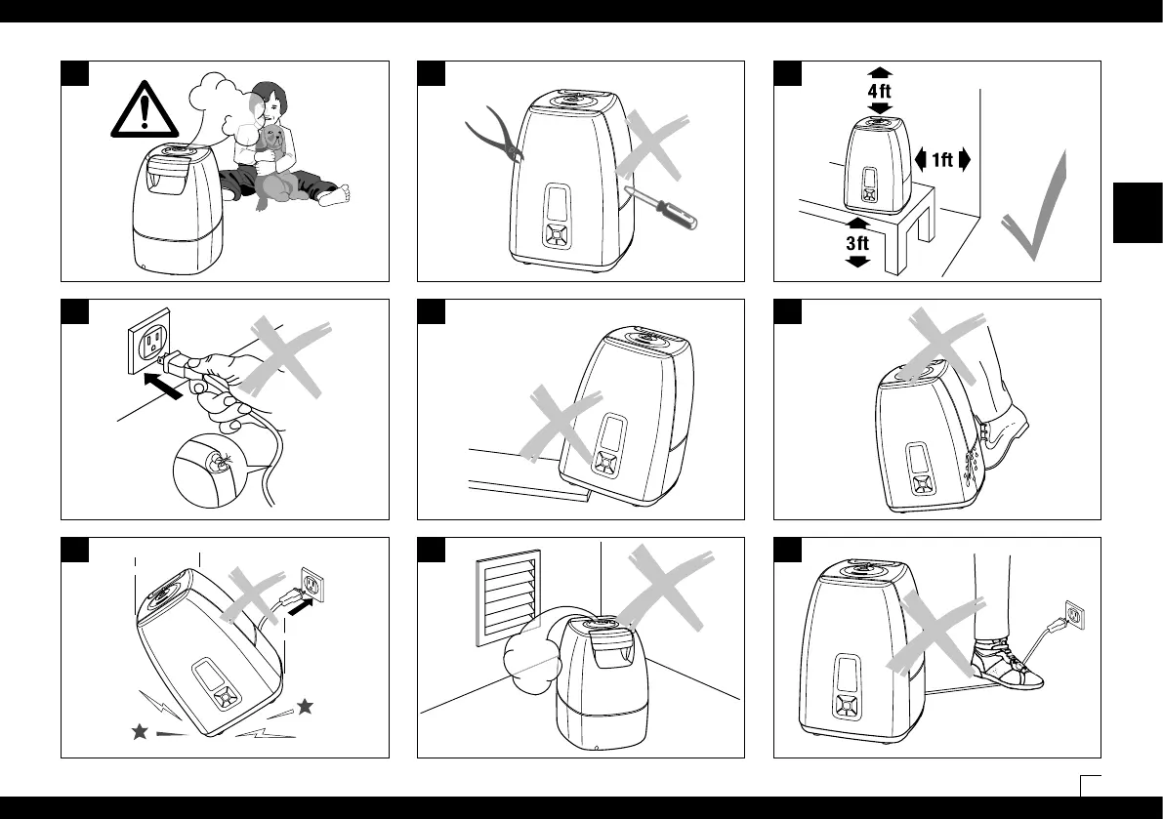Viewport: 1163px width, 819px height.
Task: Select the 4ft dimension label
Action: click(x=880, y=90)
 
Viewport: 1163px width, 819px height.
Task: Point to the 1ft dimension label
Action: click(x=942, y=161)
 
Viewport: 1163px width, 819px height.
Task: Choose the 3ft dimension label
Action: click(x=856, y=243)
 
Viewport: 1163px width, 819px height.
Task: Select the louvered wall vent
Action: click(x=507, y=595)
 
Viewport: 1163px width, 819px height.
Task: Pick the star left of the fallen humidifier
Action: click(x=140, y=731)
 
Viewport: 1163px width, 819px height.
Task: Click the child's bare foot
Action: click(x=332, y=198)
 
